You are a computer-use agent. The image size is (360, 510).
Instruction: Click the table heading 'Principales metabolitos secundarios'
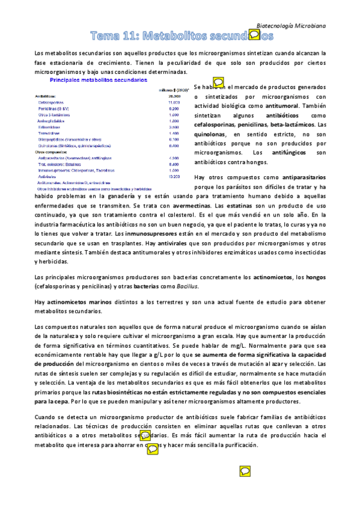98,79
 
